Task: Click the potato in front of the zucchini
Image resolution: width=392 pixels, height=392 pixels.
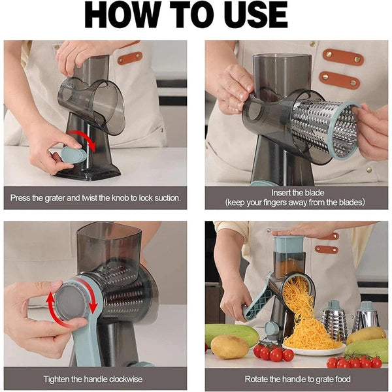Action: (229, 346)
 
